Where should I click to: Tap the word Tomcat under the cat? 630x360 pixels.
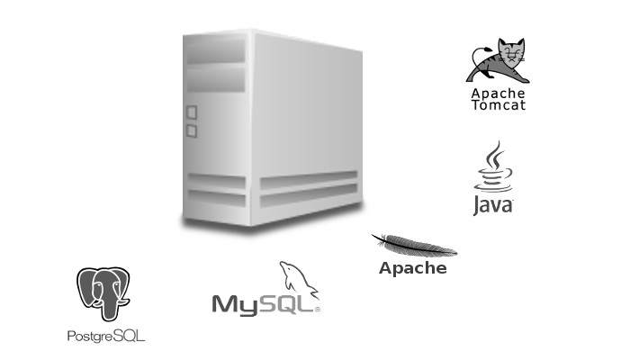(x=498, y=104)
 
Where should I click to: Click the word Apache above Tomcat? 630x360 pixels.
(x=498, y=93)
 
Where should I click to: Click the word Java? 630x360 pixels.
(x=493, y=206)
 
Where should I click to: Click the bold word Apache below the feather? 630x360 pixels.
(x=412, y=268)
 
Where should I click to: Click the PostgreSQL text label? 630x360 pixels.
(x=106, y=336)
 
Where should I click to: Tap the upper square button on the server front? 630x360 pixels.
(x=191, y=113)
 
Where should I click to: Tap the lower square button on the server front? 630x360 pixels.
(x=191, y=131)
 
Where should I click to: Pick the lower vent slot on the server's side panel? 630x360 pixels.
(x=308, y=195)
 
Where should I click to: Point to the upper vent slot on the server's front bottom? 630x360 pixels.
(x=216, y=181)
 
